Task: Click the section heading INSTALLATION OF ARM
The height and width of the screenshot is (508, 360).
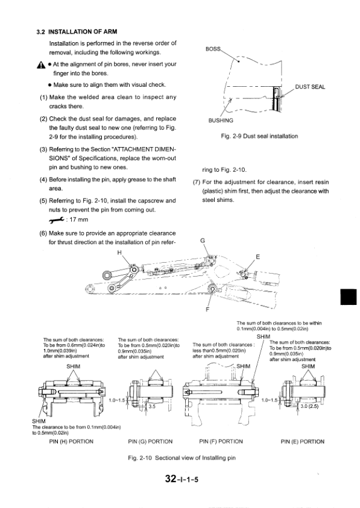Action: (83, 32)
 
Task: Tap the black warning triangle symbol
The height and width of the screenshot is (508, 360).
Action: (41, 65)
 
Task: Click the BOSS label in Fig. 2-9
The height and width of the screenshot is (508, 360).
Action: (213, 49)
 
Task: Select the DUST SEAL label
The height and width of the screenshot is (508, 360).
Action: (310, 87)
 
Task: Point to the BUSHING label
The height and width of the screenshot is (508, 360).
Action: (221, 121)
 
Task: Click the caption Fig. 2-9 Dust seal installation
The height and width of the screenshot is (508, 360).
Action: (259, 136)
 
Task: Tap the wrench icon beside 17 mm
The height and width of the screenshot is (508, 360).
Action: (57, 220)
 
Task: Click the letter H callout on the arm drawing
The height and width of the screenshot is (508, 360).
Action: (119, 252)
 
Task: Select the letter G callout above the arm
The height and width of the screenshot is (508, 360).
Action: (203, 240)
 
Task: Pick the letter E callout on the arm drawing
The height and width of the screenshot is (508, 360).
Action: (258, 257)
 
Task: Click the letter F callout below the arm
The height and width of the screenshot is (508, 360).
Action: (207, 309)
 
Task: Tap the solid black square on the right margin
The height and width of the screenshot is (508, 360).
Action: (349, 296)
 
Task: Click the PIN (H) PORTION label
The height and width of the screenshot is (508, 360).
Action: (71, 442)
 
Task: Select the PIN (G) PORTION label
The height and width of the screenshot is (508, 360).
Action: (151, 442)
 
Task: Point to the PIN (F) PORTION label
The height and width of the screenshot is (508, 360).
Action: (221, 442)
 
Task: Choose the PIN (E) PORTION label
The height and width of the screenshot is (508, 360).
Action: (302, 442)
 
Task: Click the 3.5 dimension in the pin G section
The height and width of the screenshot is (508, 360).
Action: (152, 406)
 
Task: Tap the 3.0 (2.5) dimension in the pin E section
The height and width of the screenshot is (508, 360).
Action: (309, 406)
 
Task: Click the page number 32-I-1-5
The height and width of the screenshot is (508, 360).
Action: (182, 478)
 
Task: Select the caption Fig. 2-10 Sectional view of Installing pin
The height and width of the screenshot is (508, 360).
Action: (182, 458)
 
